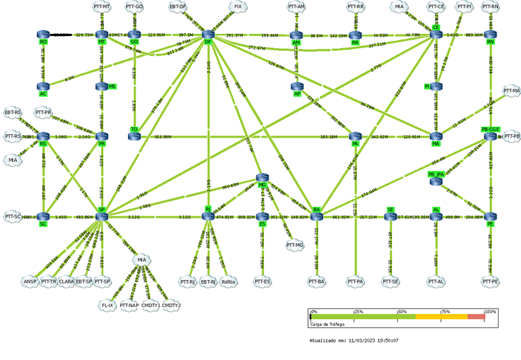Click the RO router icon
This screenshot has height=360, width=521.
click(x=43, y=34)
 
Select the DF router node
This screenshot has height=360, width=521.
click(x=208, y=34)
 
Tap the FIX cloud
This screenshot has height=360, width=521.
click(x=237, y=7)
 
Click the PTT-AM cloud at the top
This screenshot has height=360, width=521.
click(x=296, y=7)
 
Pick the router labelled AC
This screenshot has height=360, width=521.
click(x=43, y=86)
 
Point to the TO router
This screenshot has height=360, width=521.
click(x=134, y=136)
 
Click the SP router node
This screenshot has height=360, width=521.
click(x=102, y=216)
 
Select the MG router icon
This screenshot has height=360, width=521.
click(x=263, y=178)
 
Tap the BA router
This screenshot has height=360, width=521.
click(x=316, y=216)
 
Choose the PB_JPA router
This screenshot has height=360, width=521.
click(x=436, y=181)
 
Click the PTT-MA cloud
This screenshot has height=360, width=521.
click(x=511, y=90)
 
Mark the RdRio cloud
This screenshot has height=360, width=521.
click(x=229, y=280)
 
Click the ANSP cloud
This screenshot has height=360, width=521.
click(x=29, y=280)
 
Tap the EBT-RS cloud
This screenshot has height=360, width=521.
click(x=13, y=112)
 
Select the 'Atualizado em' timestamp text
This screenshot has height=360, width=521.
click(x=353, y=340)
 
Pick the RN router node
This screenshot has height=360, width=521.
click(x=490, y=34)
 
